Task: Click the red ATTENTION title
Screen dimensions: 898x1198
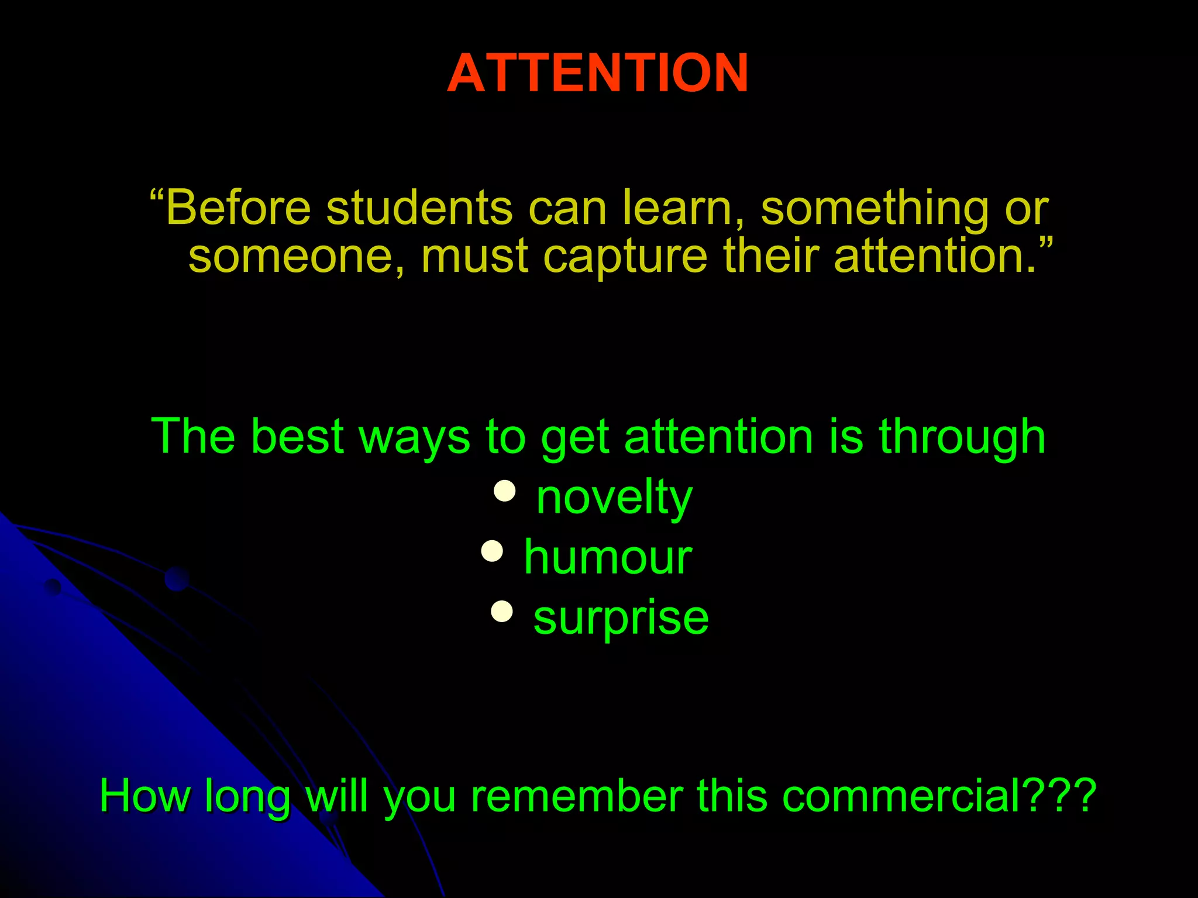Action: coord(598,73)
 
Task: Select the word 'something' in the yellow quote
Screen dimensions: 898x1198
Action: coord(875,209)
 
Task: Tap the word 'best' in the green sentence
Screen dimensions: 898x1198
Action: coord(297,437)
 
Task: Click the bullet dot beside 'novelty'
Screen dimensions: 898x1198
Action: coord(504,491)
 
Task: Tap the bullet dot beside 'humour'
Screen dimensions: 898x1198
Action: coord(492,551)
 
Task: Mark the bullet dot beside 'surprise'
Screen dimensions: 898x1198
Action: coord(502,612)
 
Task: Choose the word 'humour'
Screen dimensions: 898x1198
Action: coord(608,558)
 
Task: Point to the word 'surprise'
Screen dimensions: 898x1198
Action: coord(621,619)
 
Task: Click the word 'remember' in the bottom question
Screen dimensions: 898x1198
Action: coord(576,796)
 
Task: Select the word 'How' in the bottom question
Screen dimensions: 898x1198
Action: coord(145,796)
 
